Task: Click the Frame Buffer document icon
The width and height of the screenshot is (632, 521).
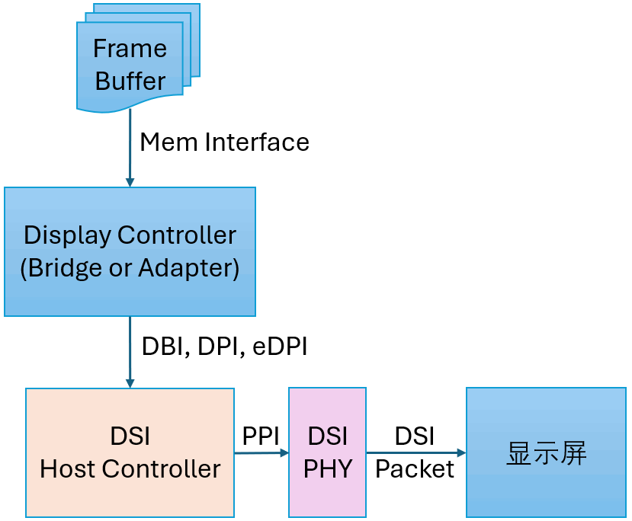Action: click(130, 66)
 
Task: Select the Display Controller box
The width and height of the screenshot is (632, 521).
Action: click(130, 251)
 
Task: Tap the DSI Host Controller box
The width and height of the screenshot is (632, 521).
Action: click(130, 452)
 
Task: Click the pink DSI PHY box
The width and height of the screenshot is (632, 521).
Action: click(327, 452)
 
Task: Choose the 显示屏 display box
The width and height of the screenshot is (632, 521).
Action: click(546, 452)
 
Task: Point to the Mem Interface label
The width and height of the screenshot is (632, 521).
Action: click(224, 142)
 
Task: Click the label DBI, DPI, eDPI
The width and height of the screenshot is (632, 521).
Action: click(224, 346)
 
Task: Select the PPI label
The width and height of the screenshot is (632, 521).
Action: click(261, 436)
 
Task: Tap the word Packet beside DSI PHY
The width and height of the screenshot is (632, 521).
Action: click(415, 469)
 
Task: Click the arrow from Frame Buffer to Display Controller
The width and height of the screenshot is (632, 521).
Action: click(130, 149)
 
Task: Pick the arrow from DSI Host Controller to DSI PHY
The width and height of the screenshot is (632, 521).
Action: click(261, 452)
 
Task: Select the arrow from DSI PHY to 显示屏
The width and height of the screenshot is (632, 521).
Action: click(415, 452)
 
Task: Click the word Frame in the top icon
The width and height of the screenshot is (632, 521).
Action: click(130, 49)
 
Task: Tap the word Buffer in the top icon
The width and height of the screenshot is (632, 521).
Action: click(130, 82)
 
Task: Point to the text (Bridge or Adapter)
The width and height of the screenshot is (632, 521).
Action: click(130, 268)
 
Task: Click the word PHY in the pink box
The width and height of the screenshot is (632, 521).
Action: click(328, 469)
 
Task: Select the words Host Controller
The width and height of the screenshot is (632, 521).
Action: click(130, 469)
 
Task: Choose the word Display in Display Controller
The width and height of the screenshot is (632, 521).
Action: click(67, 235)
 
